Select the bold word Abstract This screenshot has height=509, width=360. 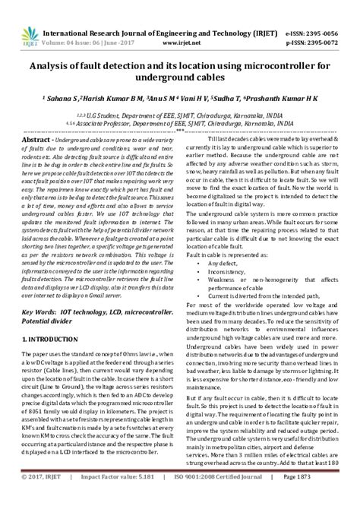(x=40, y=141)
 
